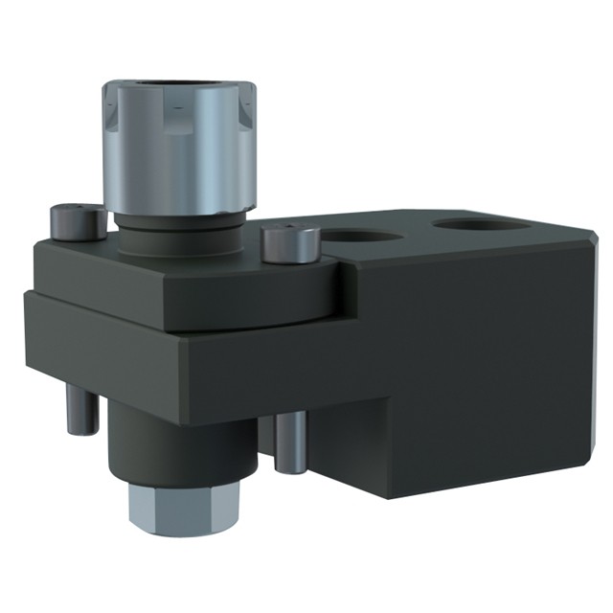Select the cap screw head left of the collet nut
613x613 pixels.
coord(78,222)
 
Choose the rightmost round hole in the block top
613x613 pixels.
coord(481,226)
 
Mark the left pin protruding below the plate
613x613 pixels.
coord(83,407)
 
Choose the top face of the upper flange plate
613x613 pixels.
coord(192,287)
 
